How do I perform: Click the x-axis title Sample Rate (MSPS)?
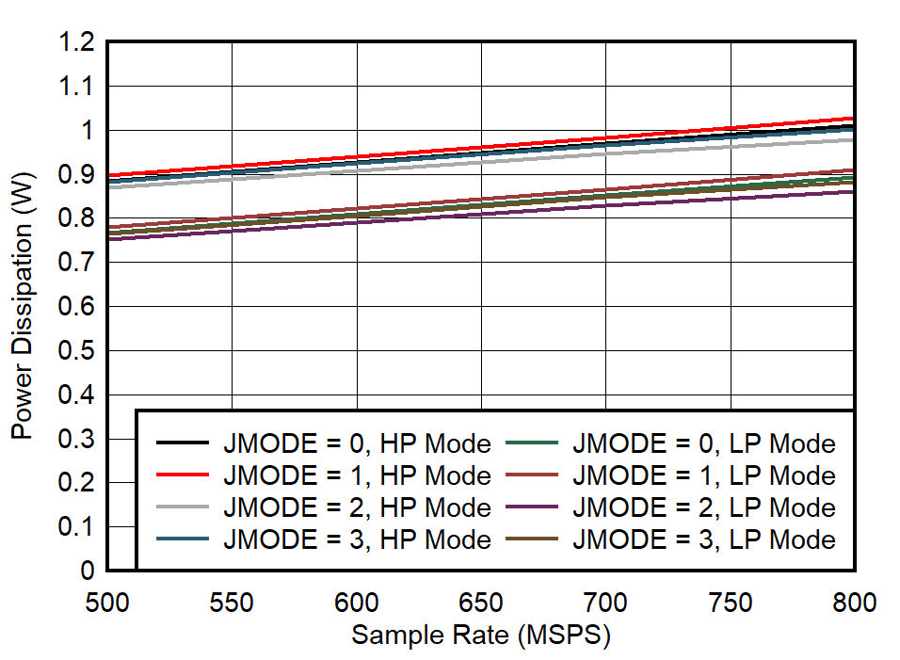[x=481, y=636]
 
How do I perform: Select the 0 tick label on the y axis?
[x=88, y=571]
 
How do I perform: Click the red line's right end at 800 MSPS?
[x=853, y=119]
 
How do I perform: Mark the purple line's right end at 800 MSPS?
[x=853, y=192]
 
